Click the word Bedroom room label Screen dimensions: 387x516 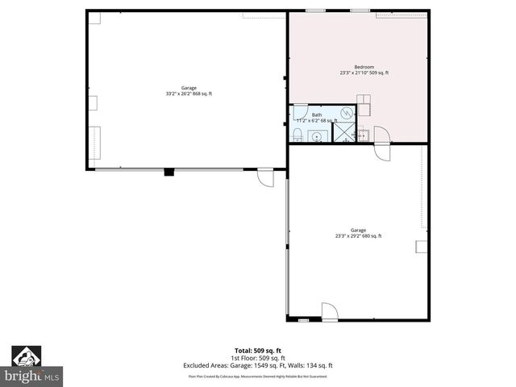pyautogui.click(x=364, y=67)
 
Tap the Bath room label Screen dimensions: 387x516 pyautogui.click(x=317, y=115)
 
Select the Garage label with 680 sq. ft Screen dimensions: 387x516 pyautogui.click(x=359, y=230)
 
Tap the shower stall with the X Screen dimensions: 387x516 pyautogui.click(x=344, y=133)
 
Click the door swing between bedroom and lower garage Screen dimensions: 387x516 pyautogui.click(x=381, y=135)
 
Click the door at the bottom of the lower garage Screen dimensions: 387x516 pyautogui.click(x=329, y=310)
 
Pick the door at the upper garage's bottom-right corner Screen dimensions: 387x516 pyautogui.click(x=265, y=177)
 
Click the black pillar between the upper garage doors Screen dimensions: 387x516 pyautogui.click(x=169, y=171)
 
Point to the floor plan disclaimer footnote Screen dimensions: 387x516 pyautogui.click(x=258, y=376)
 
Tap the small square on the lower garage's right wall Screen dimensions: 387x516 pyautogui.click(x=420, y=246)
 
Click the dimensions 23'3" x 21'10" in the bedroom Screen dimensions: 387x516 pyautogui.click(x=364, y=73)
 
